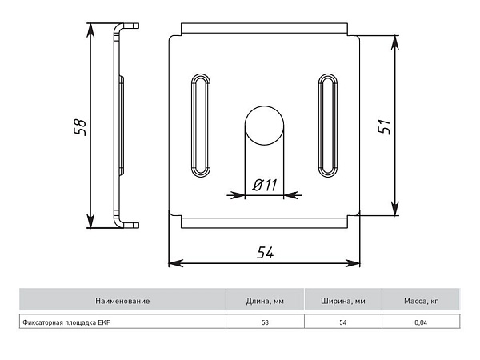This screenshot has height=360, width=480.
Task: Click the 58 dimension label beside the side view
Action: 80,127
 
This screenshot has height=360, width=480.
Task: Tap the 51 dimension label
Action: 385,126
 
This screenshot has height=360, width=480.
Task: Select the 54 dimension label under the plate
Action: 265,253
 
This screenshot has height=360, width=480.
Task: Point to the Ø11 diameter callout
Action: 265,185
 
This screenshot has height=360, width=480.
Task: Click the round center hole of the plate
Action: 264,126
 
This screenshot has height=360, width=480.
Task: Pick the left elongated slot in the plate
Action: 201,126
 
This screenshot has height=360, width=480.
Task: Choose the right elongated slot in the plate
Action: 328,126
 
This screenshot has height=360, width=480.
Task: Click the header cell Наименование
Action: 122,301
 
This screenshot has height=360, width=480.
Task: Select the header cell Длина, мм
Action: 265,301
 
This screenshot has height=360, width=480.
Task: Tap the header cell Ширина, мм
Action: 343,301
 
